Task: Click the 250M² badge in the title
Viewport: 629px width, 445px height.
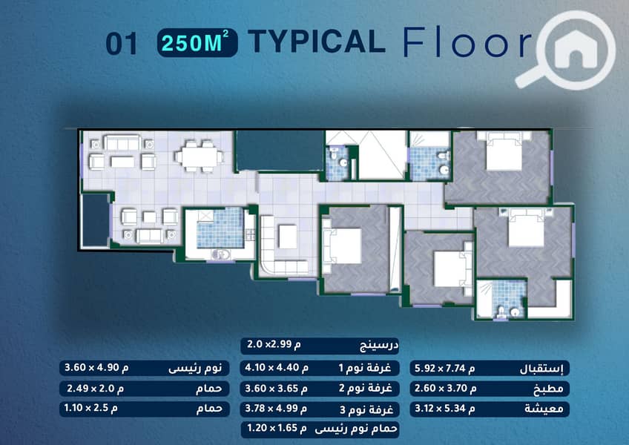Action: click(197, 42)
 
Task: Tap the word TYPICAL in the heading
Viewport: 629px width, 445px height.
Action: click(317, 42)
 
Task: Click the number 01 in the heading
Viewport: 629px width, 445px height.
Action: click(122, 44)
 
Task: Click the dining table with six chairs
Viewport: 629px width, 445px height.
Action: click(199, 156)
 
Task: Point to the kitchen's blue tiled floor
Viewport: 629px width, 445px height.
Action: click(220, 228)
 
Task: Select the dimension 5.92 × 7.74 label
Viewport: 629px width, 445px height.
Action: click(444, 368)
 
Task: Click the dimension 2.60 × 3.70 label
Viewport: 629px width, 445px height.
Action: click(445, 388)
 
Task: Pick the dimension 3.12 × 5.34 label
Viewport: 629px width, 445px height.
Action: click(444, 409)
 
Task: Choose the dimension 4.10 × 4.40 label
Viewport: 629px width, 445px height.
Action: click(277, 368)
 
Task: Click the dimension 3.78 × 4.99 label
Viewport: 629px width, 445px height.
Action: click(276, 409)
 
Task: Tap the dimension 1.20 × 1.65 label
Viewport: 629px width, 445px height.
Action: click(277, 428)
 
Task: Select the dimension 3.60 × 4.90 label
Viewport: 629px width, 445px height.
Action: click(96, 367)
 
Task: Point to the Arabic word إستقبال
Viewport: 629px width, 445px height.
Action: click(541, 369)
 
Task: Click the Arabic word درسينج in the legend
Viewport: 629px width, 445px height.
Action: click(379, 346)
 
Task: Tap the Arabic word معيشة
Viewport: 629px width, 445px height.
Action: click(544, 409)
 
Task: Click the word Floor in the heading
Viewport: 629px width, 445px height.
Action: click(468, 42)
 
